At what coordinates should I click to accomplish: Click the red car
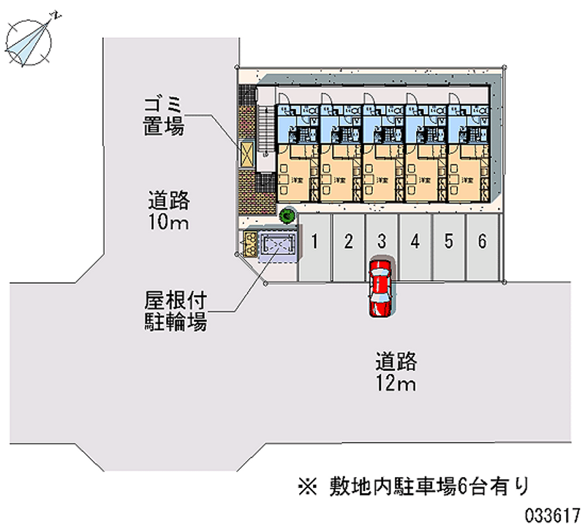tap(380, 286)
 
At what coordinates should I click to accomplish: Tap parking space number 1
tap(314, 241)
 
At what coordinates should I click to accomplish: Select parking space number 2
tap(349, 241)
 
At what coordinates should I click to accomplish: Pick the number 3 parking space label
tap(382, 241)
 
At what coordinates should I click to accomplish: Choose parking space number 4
tap(415, 241)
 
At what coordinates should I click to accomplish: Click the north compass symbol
tap(30, 40)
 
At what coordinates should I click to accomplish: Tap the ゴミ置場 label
tap(163, 116)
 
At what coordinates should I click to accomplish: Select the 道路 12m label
tap(396, 371)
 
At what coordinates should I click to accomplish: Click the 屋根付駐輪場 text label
tap(175, 310)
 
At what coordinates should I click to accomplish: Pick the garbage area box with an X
tap(247, 154)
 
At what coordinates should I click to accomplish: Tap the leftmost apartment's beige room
tap(295, 173)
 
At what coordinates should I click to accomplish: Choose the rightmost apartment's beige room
tap(468, 173)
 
